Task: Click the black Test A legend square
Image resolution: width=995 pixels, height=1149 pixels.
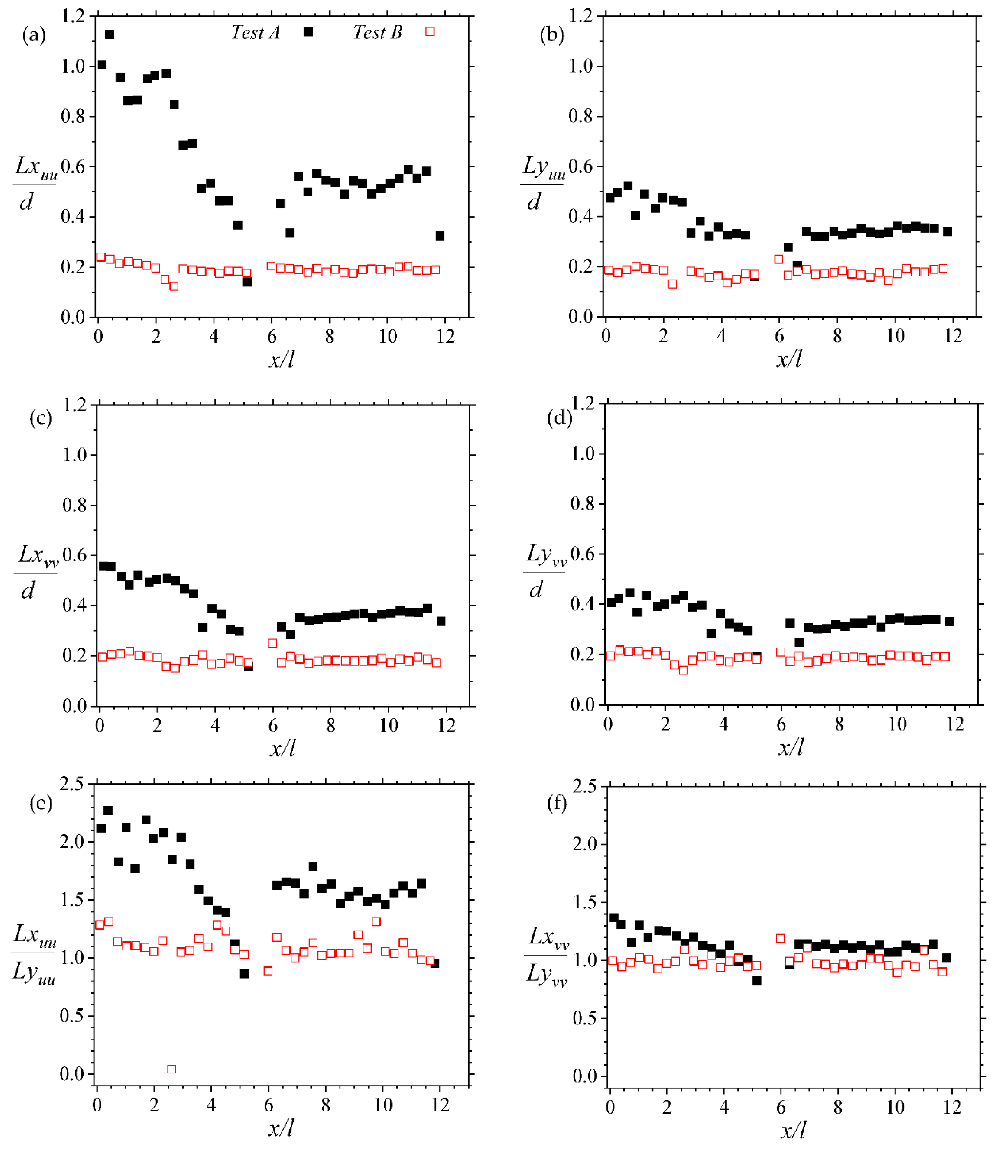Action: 308,32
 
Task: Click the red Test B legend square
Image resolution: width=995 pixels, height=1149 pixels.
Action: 430,32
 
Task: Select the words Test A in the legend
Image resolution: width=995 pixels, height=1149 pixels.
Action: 256,33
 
